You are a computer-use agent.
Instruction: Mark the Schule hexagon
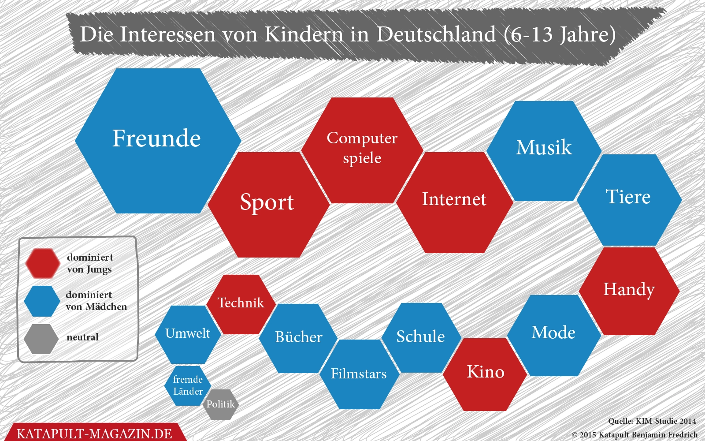(x=421, y=338)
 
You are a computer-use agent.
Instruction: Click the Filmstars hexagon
(x=359, y=374)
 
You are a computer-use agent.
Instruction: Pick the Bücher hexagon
(x=298, y=338)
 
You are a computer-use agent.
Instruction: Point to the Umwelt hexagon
(x=188, y=334)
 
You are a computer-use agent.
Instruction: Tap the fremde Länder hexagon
(x=188, y=385)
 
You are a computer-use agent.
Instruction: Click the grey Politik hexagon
(x=220, y=404)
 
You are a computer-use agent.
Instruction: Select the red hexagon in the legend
(x=42, y=263)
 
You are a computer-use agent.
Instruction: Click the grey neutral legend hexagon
(x=41, y=339)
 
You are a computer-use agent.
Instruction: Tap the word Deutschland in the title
(x=436, y=34)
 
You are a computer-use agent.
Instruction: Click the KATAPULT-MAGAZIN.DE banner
(x=94, y=433)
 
